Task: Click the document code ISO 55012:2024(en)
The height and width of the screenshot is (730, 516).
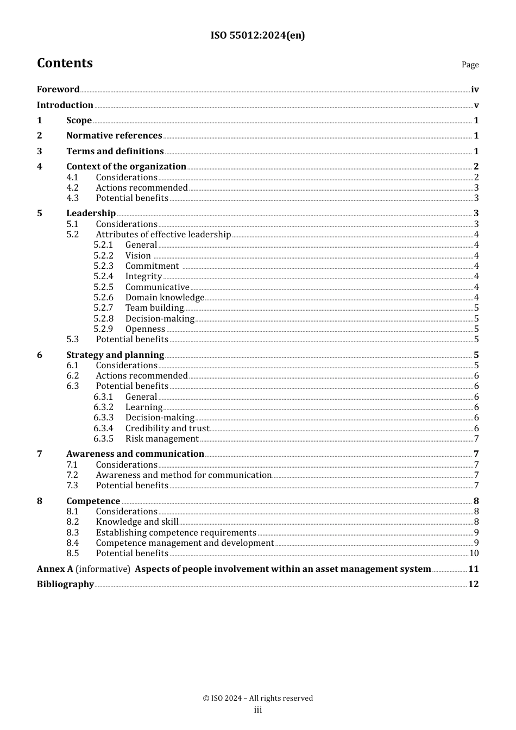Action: [x=257, y=35]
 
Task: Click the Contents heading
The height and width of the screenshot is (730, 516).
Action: [x=65, y=63]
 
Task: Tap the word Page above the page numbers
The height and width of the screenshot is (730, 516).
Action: [x=470, y=65]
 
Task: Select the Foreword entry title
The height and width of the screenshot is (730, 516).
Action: [x=58, y=90]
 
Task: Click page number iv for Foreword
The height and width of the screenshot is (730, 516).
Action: [x=475, y=90]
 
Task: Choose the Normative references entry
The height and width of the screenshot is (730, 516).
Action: [x=114, y=136]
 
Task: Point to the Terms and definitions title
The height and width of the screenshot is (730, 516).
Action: [x=115, y=152]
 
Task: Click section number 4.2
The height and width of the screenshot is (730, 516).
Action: [x=72, y=188]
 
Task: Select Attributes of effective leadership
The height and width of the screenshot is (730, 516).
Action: [x=163, y=235]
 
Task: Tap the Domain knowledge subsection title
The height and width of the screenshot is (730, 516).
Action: [x=165, y=298]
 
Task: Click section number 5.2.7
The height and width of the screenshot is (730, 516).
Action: [x=103, y=308]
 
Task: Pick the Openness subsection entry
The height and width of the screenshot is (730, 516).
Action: [x=145, y=329]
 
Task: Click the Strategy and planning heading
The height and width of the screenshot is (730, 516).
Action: [x=115, y=355]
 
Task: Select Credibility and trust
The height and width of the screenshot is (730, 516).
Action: [x=167, y=429]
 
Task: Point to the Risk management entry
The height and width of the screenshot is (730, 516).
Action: [x=162, y=439]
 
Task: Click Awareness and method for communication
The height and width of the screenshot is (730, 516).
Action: [x=184, y=475]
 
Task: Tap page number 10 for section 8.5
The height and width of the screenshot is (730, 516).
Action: [x=474, y=553]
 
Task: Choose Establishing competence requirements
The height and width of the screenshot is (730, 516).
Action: [x=176, y=533]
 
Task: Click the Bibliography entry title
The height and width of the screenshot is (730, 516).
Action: [x=65, y=584]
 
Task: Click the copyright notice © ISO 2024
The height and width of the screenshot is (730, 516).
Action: [x=258, y=698]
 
